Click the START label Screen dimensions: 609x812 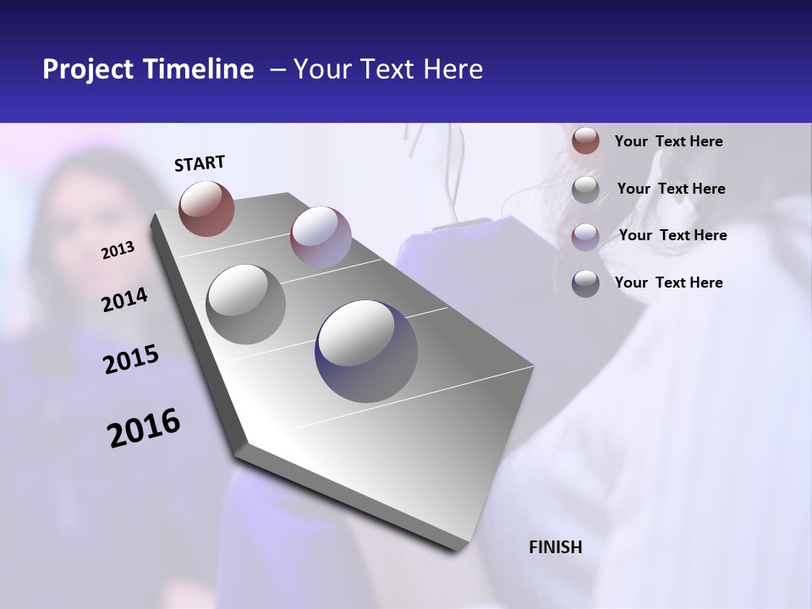tap(200, 163)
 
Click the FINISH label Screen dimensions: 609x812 tap(556, 547)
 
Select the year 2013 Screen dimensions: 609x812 tap(118, 250)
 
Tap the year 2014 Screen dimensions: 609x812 tap(124, 300)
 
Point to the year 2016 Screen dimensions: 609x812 tap(144, 428)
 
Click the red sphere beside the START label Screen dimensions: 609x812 tap(206, 208)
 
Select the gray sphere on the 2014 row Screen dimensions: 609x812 tap(245, 304)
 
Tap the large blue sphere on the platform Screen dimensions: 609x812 tap(366, 351)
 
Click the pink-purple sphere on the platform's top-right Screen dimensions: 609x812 tap(321, 236)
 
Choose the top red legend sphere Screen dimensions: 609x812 tap(585, 140)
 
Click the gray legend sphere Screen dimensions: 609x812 tap(585, 189)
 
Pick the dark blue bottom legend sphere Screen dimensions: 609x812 tap(585, 283)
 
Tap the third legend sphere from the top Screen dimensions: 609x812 tap(585, 236)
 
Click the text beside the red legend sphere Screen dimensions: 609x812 tap(668, 141)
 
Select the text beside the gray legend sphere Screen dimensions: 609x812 tap(671, 189)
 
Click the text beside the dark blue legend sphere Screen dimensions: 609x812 tap(668, 283)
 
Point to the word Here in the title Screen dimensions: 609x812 tap(453, 69)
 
